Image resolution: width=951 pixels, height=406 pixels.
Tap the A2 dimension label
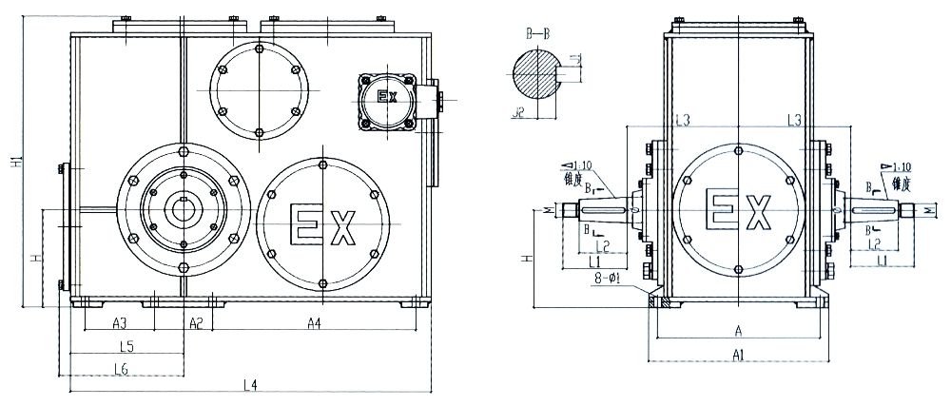(195, 323)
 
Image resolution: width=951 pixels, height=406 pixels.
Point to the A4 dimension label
(315, 323)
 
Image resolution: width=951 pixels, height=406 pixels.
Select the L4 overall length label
(250, 384)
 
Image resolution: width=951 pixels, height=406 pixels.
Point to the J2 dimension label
(517, 112)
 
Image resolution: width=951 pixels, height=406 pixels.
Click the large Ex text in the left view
(323, 225)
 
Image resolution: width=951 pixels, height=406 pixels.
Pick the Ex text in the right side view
(738, 208)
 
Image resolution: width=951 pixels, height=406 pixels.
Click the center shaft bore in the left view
(181, 208)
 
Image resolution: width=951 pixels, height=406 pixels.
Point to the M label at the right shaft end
(929, 210)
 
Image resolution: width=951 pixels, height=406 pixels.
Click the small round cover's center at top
(260, 88)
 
